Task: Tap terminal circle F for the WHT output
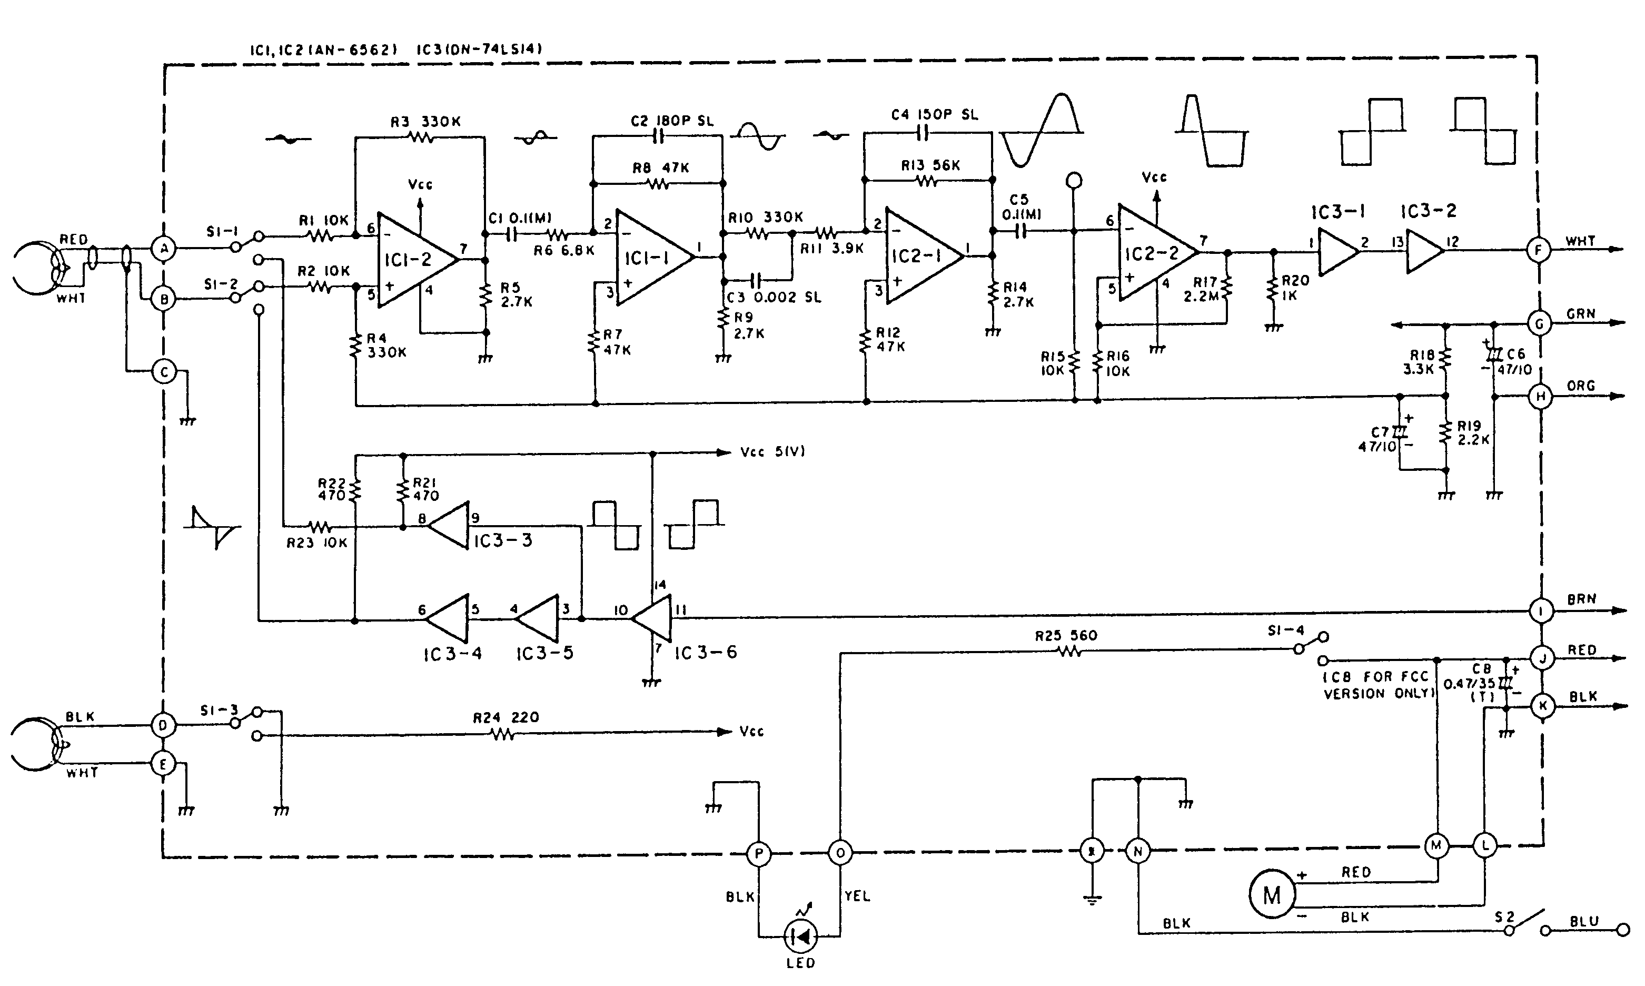1539,251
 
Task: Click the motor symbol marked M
1272,895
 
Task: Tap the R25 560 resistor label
1066,636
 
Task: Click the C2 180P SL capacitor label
671,121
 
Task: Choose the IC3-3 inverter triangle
450,525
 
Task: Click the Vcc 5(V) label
772,452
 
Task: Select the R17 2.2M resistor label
1202,290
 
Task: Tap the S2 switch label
1504,917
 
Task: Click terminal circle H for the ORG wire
1539,397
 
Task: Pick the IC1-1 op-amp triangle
652,258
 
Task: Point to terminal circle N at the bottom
1137,851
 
